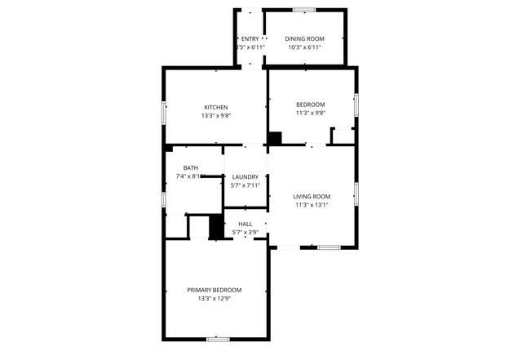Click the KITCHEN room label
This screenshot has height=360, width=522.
tap(216, 108)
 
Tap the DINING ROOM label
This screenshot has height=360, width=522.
tap(304, 38)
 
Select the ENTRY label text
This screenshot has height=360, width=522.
tap(249, 38)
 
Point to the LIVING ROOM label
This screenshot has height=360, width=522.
tap(312, 196)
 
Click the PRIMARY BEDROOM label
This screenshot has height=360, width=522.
tap(215, 290)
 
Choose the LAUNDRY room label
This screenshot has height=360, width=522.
tap(246, 177)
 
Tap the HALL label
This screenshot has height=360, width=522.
tap(245, 224)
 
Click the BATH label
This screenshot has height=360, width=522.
tap(190, 168)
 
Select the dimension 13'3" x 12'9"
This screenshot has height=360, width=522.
tap(215, 299)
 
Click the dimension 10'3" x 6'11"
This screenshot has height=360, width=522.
tap(304, 47)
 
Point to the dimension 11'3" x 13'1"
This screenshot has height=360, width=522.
tap(312, 205)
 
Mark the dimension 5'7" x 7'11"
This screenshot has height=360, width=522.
tap(246, 185)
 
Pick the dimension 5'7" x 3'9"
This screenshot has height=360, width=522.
tap(245, 233)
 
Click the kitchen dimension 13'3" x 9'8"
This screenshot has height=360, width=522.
tap(216, 116)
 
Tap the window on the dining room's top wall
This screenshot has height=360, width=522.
tap(304, 10)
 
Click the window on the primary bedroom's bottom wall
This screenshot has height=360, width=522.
tap(217, 338)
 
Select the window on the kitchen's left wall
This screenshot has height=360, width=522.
tap(164, 113)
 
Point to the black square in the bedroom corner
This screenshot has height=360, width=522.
tap(275, 139)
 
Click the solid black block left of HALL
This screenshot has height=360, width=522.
tap(217, 227)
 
